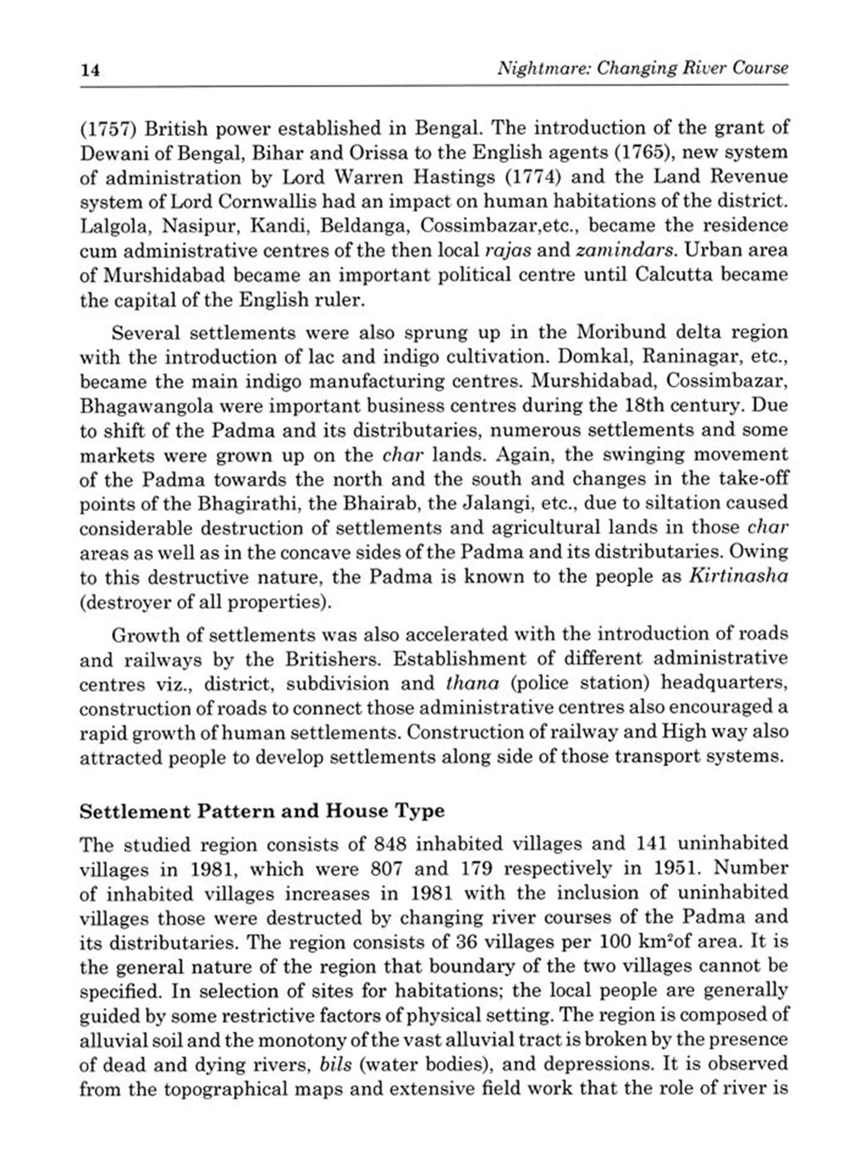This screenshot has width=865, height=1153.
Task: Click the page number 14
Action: tap(90, 70)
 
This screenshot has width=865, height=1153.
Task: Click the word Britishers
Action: tap(334, 660)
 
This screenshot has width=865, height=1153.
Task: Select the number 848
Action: tap(390, 845)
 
